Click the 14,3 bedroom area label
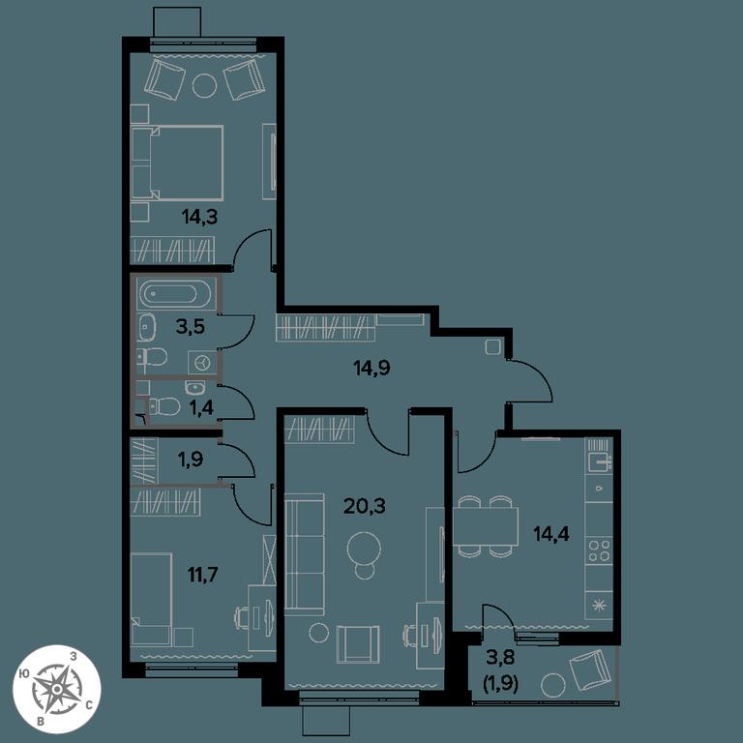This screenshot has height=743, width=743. [x=199, y=217]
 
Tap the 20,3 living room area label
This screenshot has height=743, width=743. [x=364, y=506]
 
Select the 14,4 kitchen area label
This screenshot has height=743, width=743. [x=551, y=534]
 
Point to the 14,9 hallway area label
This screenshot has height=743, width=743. [x=371, y=368]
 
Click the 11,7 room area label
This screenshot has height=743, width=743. [x=203, y=575]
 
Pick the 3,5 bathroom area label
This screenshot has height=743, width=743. [x=191, y=326]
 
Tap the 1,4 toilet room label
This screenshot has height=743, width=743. [x=201, y=406]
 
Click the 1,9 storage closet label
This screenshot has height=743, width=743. [x=190, y=459]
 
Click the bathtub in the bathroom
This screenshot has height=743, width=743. [x=176, y=294]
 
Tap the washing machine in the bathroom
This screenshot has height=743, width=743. [x=203, y=363]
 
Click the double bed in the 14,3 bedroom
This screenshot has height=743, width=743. [x=177, y=163]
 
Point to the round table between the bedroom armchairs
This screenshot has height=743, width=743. [x=204, y=86]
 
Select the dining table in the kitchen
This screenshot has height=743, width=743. [x=486, y=526]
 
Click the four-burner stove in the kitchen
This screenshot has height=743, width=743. [x=599, y=550]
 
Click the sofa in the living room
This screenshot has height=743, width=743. [x=304, y=554]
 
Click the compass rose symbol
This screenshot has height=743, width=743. [x=56, y=689]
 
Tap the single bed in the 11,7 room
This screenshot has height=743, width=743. [x=151, y=600]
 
